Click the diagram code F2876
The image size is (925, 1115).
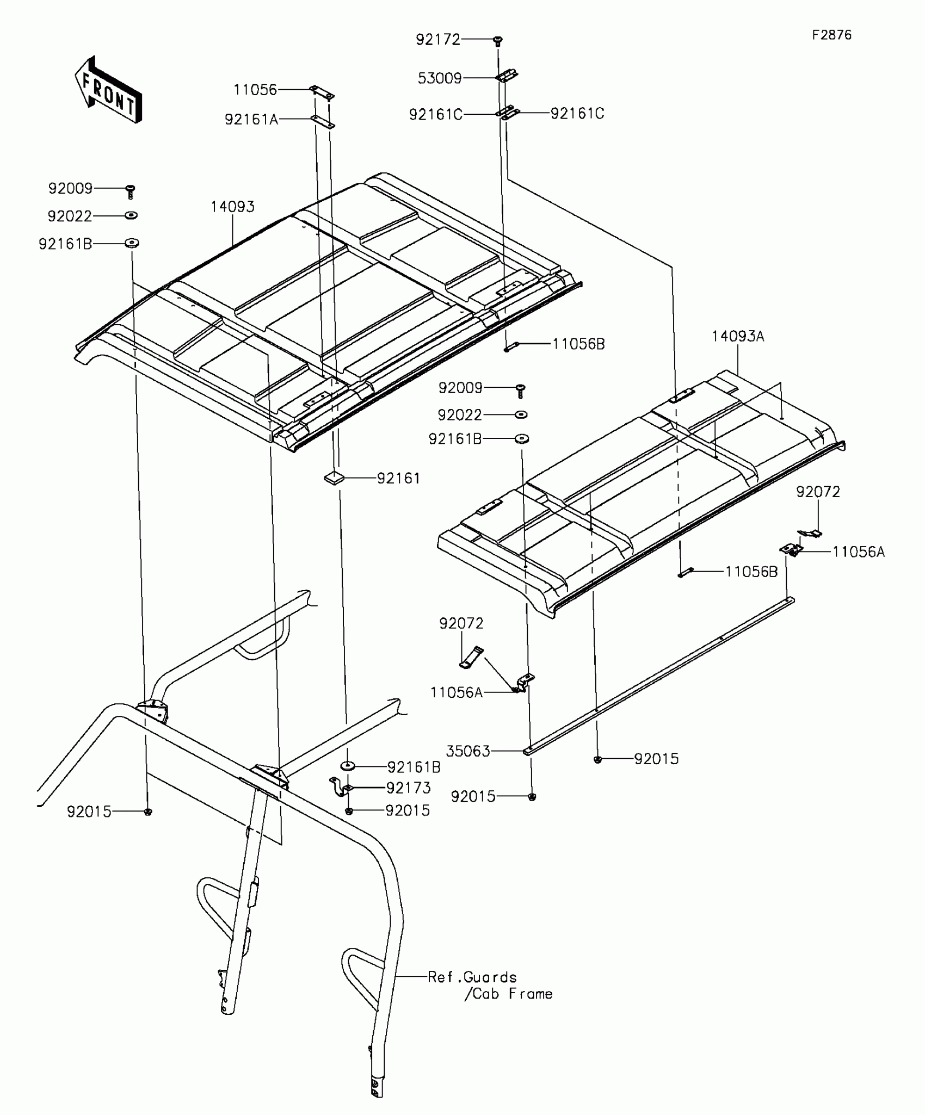click(x=831, y=35)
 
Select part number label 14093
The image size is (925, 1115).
click(x=232, y=207)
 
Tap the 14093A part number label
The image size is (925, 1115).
click(x=737, y=337)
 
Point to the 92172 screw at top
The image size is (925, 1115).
click(x=497, y=40)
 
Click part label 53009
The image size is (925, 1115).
click(x=440, y=78)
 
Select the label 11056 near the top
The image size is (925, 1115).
click(x=255, y=90)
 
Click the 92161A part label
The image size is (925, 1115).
click(x=251, y=119)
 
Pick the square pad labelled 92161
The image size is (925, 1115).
click(x=334, y=478)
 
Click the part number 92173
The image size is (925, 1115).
click(x=408, y=788)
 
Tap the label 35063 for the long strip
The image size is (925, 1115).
click(x=468, y=751)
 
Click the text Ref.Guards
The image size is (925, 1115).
click(x=472, y=977)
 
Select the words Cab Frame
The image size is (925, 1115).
click(x=512, y=994)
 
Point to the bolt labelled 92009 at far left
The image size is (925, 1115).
click(x=130, y=191)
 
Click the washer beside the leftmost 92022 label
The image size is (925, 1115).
click(x=131, y=216)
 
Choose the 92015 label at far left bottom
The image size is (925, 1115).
click(x=89, y=812)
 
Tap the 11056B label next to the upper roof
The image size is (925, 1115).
click(x=578, y=344)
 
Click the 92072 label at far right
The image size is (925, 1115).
click(x=818, y=492)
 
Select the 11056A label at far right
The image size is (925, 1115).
click(x=858, y=552)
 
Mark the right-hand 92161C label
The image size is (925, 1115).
click(x=577, y=114)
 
